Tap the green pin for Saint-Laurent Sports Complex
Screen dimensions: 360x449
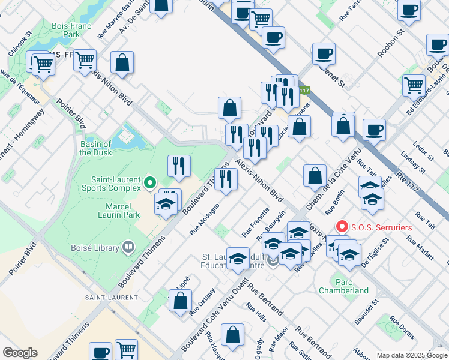[x=150, y=181]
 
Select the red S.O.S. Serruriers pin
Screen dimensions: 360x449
[x=342, y=227]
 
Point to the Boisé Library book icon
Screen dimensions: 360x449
[x=127, y=247]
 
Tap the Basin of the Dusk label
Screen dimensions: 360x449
[x=95, y=148]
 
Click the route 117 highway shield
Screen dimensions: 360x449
[x=305, y=91]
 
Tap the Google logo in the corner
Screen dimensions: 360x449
[x=20, y=353]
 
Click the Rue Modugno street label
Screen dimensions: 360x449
[x=204, y=219]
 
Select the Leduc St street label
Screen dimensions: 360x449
[x=423, y=151]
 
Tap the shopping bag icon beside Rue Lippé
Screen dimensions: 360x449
[x=180, y=299]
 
